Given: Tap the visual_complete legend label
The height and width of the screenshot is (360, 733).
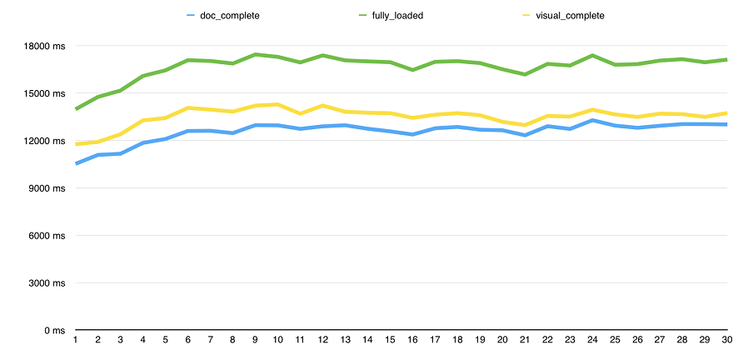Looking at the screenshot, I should pyautogui.click(x=571, y=15).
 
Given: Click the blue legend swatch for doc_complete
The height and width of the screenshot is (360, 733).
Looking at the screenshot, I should pyautogui.click(x=191, y=15).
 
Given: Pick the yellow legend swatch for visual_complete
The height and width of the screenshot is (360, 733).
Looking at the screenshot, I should pyautogui.click(x=526, y=15).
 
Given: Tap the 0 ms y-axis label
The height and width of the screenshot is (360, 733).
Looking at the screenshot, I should pyautogui.click(x=53, y=331).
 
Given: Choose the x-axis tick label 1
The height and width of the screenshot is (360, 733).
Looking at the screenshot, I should pyautogui.click(x=76, y=341).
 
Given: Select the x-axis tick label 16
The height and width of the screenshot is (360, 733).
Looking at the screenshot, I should pyautogui.click(x=412, y=341).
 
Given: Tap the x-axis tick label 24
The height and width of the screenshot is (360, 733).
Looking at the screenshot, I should pyautogui.click(x=591, y=341).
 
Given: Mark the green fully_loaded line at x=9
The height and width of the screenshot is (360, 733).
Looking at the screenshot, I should pyautogui.click(x=255, y=55).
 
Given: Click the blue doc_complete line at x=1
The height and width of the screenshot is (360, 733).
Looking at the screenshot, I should pyautogui.click(x=77, y=163).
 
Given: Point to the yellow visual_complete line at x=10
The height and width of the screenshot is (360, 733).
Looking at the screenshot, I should pyautogui.click(x=277, y=104).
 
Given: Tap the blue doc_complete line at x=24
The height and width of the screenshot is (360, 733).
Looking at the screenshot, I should pyautogui.click(x=591, y=120).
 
